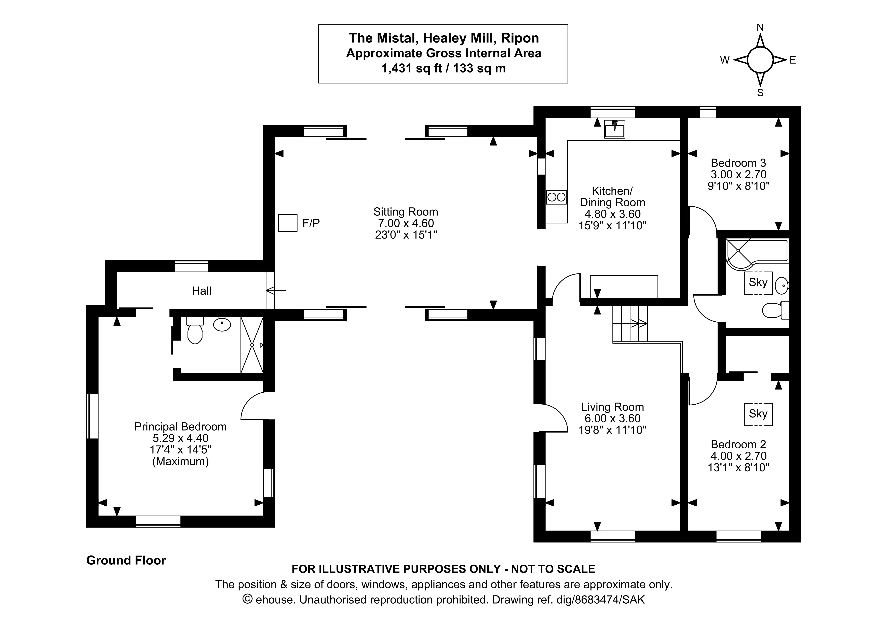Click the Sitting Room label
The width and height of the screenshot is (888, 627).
pos(405,212)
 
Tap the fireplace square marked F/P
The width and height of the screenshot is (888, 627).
pos(287,223)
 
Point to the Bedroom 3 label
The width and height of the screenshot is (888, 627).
pos(738,163)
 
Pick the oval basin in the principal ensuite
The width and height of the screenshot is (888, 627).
pos(222,325)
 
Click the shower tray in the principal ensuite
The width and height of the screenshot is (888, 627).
pos(252,345)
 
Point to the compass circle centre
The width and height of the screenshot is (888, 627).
pos(760,60)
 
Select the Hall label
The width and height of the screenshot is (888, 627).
pos(201,291)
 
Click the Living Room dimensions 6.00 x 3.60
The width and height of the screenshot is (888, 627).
pos(612,418)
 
